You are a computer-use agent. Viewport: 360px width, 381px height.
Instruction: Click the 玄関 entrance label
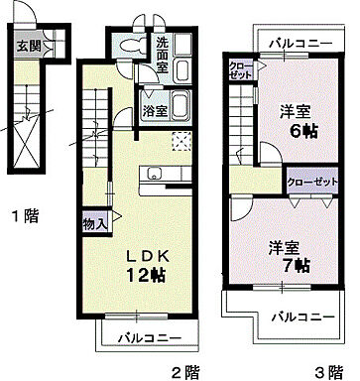27,45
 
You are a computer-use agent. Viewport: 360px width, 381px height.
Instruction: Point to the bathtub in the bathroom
182,105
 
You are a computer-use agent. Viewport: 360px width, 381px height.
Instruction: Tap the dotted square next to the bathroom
180,140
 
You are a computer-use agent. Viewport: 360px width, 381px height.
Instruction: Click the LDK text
145,256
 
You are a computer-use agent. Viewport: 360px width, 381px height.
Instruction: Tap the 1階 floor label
24,214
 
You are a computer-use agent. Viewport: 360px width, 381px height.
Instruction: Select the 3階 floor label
328,372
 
